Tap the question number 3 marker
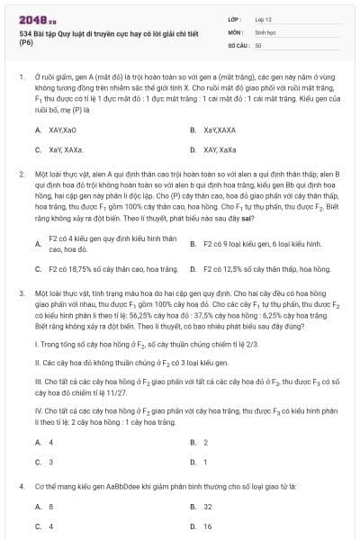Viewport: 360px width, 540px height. pos(22,293)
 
